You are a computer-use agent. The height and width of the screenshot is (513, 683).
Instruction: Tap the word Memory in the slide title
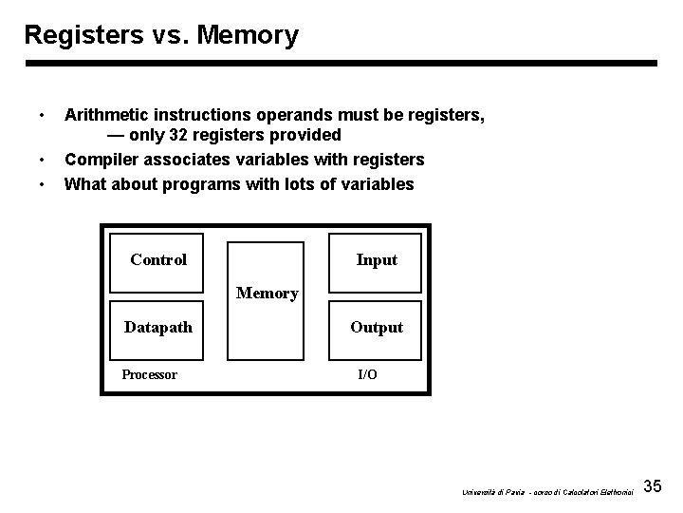click(248, 36)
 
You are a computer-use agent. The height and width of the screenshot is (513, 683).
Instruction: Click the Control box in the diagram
click(158, 259)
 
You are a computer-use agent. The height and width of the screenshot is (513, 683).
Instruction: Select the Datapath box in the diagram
click(158, 327)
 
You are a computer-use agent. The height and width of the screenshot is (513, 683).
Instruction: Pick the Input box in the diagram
click(376, 259)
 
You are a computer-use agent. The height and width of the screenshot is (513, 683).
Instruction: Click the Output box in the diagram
click(376, 327)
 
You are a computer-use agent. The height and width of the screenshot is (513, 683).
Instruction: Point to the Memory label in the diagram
click(267, 294)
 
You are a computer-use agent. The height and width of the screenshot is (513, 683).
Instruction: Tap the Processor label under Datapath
click(149, 374)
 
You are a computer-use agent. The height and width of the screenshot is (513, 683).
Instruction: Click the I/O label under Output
click(367, 374)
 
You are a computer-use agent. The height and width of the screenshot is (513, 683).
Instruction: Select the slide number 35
click(652, 486)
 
